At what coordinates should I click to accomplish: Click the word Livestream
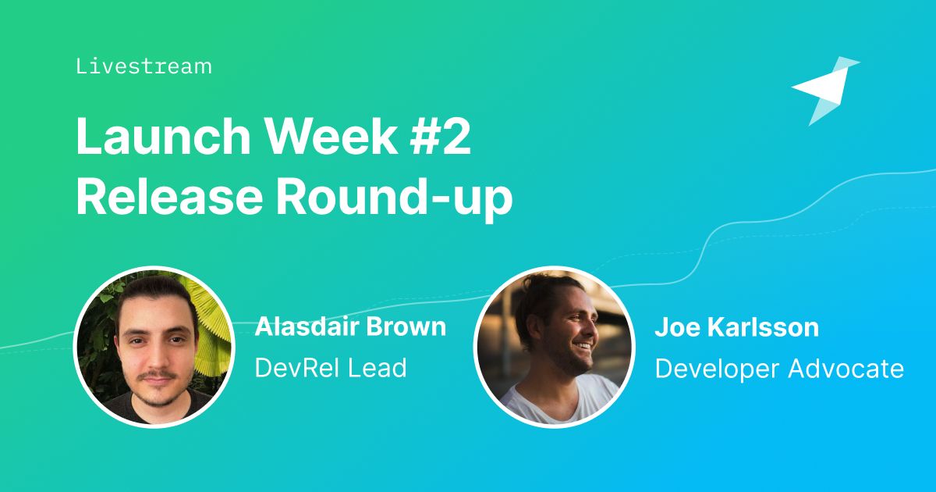click(144, 67)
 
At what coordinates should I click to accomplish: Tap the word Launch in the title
click(163, 137)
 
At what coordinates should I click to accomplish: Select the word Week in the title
click(331, 137)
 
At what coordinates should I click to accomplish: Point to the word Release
click(169, 196)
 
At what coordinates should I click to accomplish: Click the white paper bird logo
click(826, 91)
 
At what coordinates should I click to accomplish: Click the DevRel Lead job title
click(331, 368)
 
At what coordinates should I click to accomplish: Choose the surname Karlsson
click(763, 326)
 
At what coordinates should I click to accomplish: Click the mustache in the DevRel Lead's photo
click(158, 376)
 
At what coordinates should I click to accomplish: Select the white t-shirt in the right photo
click(560, 400)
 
